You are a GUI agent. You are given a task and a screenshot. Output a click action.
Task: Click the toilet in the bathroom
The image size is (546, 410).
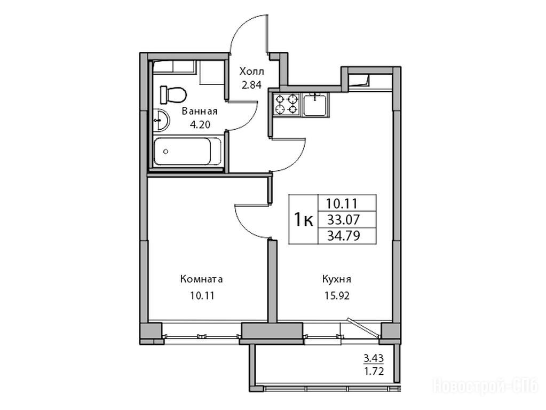[x=173, y=94]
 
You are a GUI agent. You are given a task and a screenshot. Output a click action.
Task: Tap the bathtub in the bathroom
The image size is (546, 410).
[x=187, y=151]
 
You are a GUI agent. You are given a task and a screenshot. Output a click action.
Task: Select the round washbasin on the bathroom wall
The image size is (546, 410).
[x=161, y=120]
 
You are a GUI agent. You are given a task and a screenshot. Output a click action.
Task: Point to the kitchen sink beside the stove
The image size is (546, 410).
[x=315, y=105]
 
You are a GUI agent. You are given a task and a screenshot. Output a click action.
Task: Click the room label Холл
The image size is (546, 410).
[x=251, y=72]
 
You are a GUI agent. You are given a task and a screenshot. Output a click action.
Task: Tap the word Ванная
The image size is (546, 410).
[x=200, y=112]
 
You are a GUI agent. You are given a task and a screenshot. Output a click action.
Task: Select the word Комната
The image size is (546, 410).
[x=201, y=279]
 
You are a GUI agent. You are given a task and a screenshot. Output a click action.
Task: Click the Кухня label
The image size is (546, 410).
[x=336, y=279]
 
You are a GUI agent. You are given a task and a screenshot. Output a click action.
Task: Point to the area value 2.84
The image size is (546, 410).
[x=251, y=85]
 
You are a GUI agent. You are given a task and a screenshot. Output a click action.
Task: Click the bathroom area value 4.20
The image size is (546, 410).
[x=200, y=124]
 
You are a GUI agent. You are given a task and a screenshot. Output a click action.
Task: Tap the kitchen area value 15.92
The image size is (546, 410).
[x=337, y=296]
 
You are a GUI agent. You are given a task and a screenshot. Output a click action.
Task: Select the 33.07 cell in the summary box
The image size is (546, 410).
[x=344, y=219]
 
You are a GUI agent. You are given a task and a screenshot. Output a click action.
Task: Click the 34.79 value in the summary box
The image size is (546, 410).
[x=344, y=236]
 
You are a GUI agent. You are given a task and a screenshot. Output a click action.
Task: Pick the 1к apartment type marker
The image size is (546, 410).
[x=303, y=220]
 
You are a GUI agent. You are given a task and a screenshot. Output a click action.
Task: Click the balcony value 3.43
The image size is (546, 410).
[x=374, y=358]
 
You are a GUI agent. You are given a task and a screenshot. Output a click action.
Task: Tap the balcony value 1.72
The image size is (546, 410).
[x=374, y=372]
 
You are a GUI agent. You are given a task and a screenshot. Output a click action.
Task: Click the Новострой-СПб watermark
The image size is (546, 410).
[x=485, y=386]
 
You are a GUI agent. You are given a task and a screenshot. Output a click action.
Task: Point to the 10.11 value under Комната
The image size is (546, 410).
[x=202, y=296]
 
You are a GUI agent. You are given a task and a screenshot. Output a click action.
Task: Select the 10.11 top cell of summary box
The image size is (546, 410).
[x=342, y=203]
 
